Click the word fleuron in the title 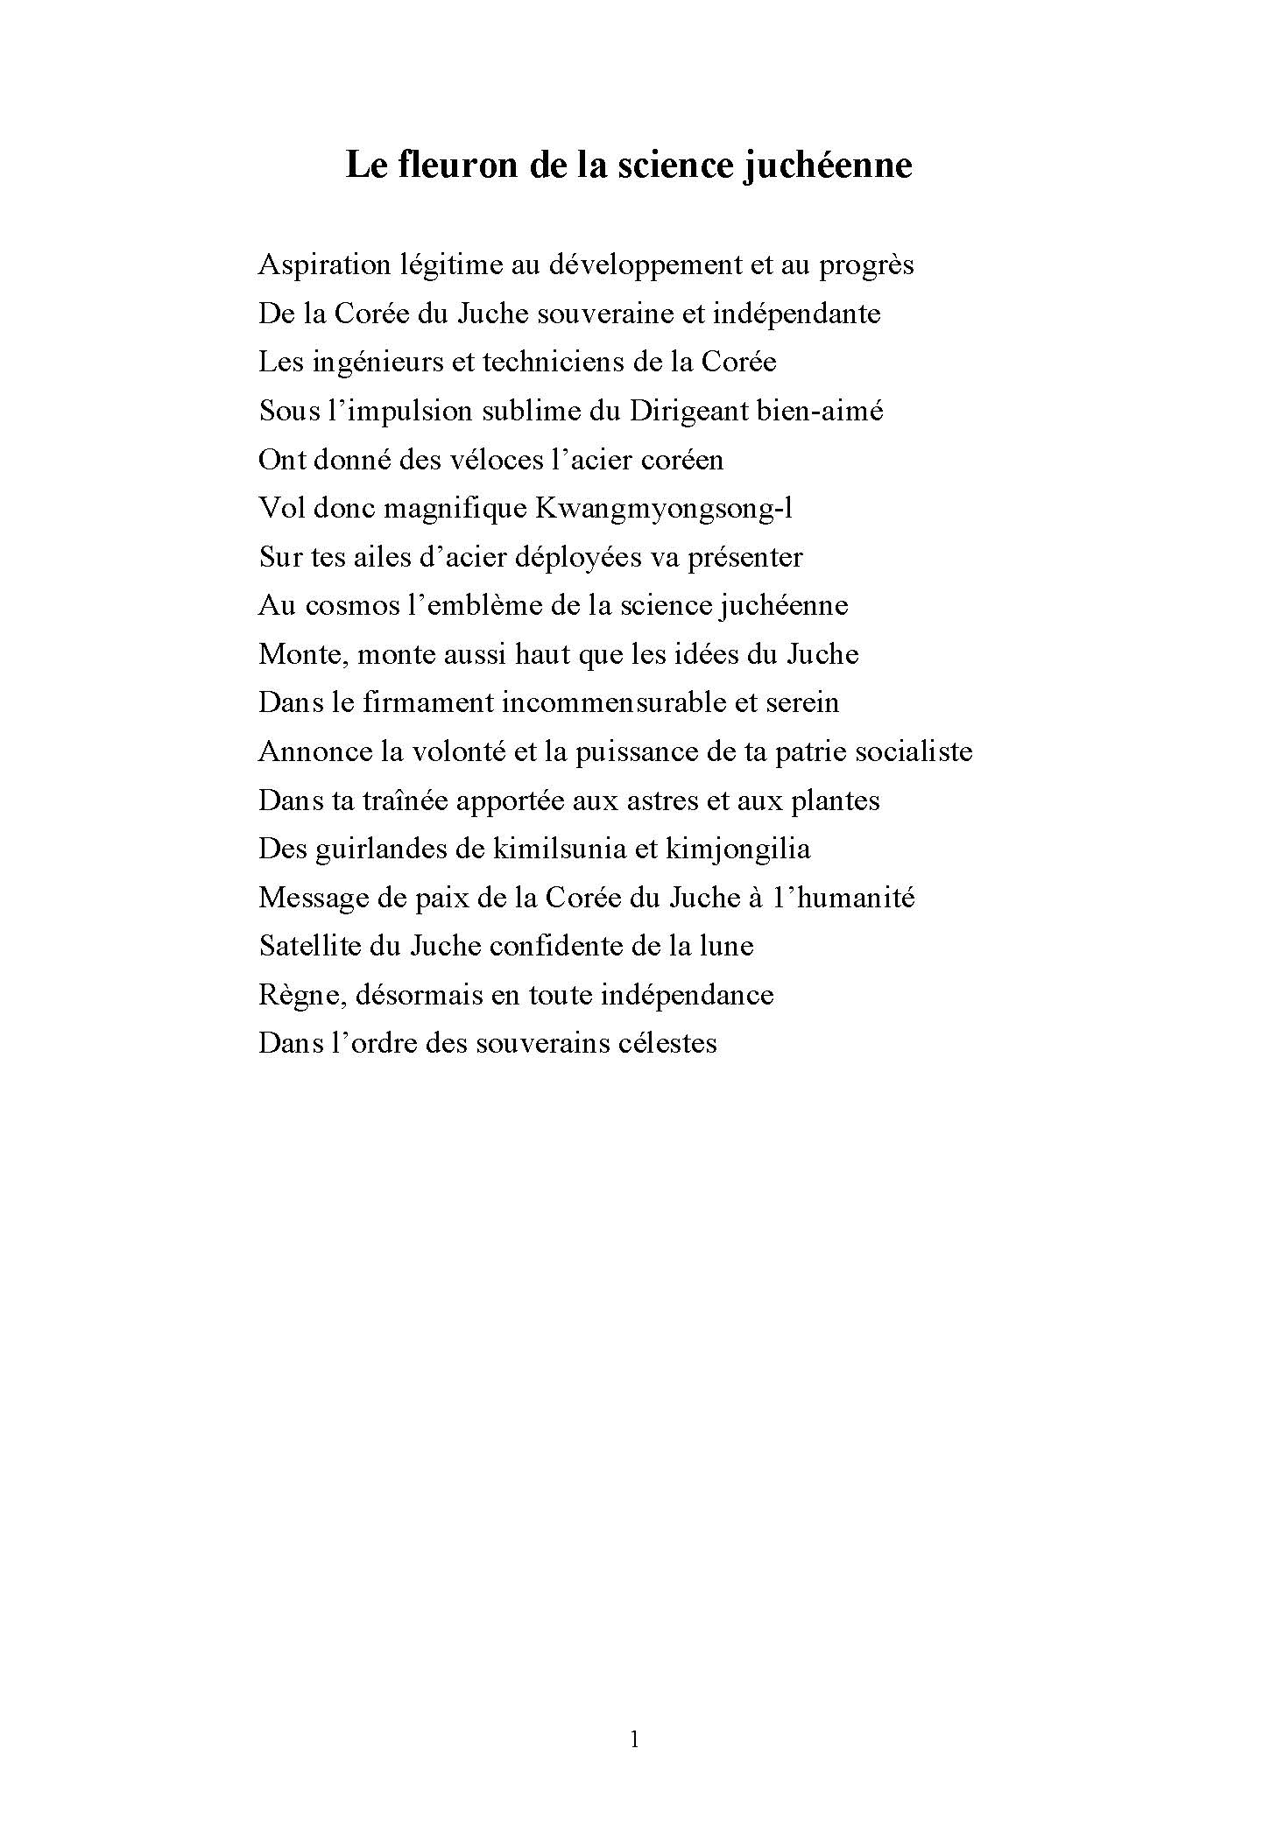pyautogui.click(x=456, y=165)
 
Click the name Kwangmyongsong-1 pyautogui.click(x=664, y=509)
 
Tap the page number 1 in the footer pyautogui.click(x=634, y=1739)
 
